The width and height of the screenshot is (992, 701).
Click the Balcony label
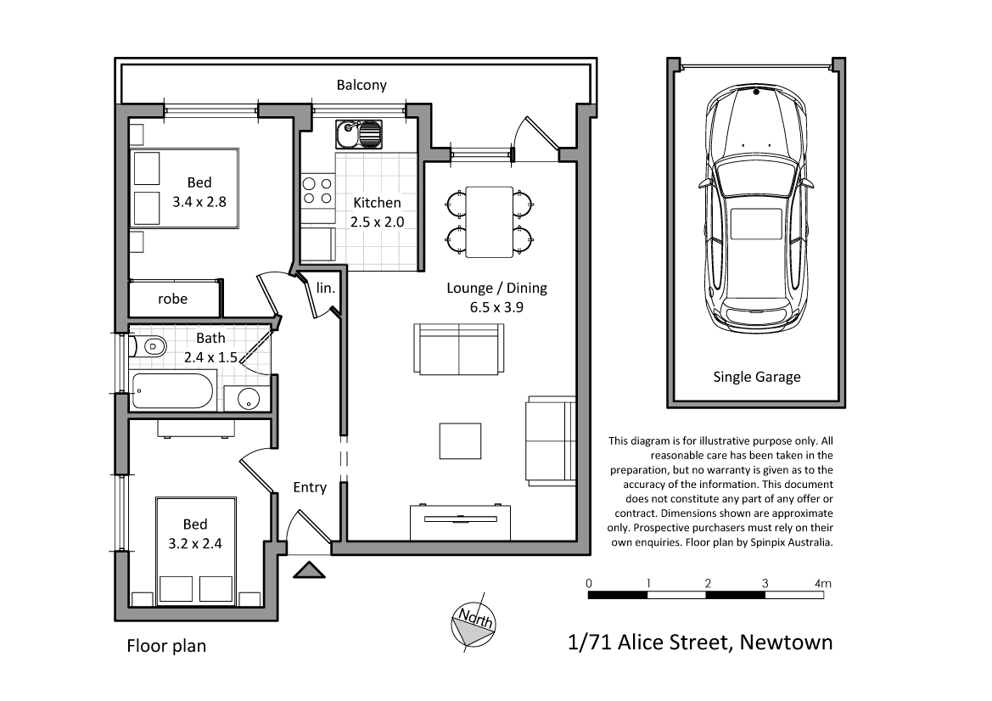coord(361,85)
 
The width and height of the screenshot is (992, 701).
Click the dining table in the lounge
coord(490,222)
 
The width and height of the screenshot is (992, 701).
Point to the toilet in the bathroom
coord(150,346)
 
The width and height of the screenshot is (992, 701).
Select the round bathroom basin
coord(249,398)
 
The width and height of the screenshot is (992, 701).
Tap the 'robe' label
coord(172,299)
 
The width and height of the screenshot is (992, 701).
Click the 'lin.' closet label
coord(326,288)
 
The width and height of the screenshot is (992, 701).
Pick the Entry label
coord(310,487)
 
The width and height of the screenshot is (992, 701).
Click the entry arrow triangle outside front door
coord(308,569)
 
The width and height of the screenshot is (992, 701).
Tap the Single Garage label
coord(756,377)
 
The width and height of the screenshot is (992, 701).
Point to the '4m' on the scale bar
coord(822,584)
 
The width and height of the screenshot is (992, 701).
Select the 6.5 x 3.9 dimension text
coord(496,307)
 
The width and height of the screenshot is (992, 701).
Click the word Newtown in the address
coord(786,642)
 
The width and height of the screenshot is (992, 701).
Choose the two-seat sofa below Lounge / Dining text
coord(459,349)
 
